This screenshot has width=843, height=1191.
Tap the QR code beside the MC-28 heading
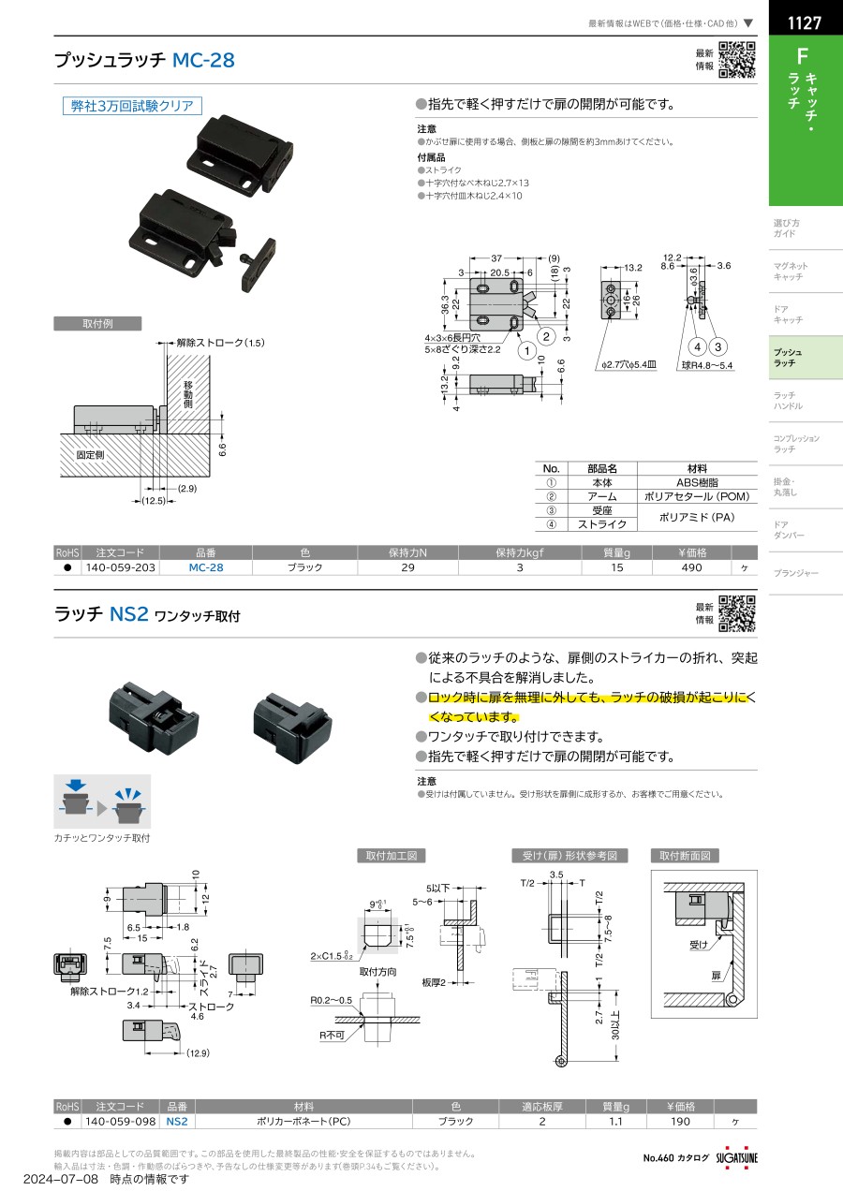(x=736, y=60)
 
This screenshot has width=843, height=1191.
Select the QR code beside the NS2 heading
(x=736, y=614)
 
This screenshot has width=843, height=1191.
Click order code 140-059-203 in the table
(x=121, y=567)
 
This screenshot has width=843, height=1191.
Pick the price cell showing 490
(x=691, y=567)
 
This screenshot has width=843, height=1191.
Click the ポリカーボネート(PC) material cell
(x=303, y=1121)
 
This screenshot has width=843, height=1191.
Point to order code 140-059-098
(x=121, y=1121)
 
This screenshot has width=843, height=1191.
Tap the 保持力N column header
(x=407, y=552)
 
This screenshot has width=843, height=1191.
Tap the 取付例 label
(x=97, y=324)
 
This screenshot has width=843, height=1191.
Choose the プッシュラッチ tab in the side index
(x=805, y=357)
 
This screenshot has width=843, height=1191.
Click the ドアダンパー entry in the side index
(x=805, y=530)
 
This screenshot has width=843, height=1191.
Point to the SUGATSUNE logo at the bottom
(x=737, y=1157)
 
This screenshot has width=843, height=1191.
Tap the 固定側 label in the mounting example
(x=91, y=454)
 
